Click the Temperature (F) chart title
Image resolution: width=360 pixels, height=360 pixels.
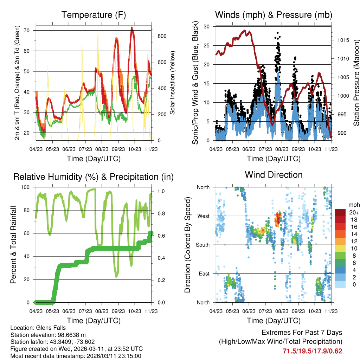(x=94, y=15)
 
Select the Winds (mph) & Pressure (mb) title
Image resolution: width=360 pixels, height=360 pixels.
(x=274, y=15)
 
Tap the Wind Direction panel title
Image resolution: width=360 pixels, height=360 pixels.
(x=274, y=175)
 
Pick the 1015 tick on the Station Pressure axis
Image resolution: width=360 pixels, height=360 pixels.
(x=343, y=40)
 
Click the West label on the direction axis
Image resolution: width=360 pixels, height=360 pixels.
(x=203, y=216)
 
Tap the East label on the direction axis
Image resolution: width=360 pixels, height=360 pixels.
(x=204, y=274)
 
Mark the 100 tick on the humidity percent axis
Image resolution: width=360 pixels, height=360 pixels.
(x=28, y=187)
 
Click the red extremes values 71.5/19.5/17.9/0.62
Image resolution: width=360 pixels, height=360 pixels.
(x=312, y=351)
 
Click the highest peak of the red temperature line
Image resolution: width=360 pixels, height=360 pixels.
(x=132, y=27)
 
